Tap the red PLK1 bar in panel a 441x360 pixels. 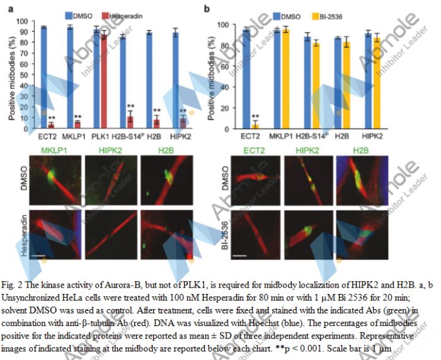pyautogui.click(x=103, y=82)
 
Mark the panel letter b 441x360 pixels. pyautogui.click(x=207, y=8)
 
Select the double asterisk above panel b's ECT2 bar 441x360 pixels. pyautogui.click(x=256, y=116)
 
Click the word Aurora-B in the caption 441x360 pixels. pyautogui.click(x=120, y=278)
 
